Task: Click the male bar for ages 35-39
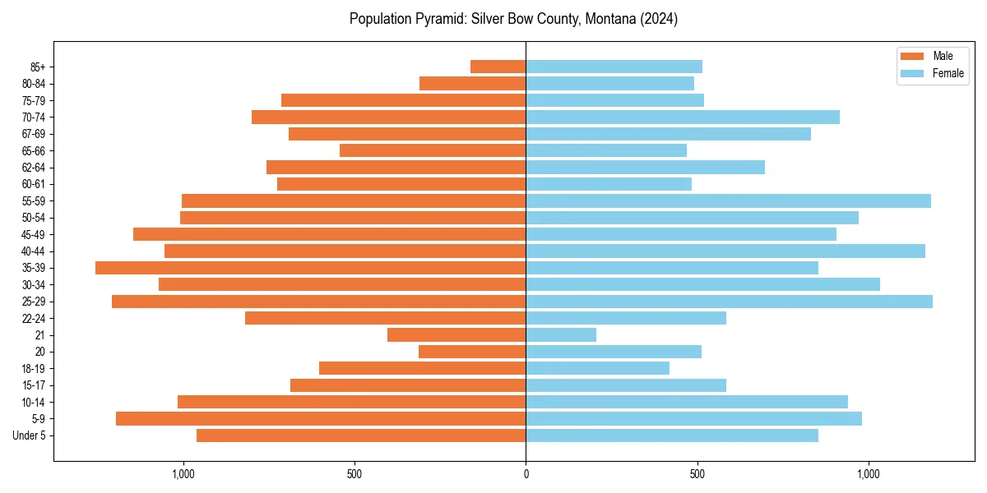(311, 268)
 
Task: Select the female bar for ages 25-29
(729, 302)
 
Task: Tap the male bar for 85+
(498, 67)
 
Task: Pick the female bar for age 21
(561, 335)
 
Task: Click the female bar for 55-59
(728, 200)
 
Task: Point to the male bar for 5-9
(321, 419)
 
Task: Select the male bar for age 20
(472, 352)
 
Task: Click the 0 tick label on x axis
(526, 474)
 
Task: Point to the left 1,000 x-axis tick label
(183, 474)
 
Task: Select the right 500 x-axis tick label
(697, 474)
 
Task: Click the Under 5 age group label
(30, 435)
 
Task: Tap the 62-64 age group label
(34, 168)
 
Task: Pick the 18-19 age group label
(34, 369)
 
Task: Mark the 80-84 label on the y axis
(34, 84)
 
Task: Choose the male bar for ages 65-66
(433, 150)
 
